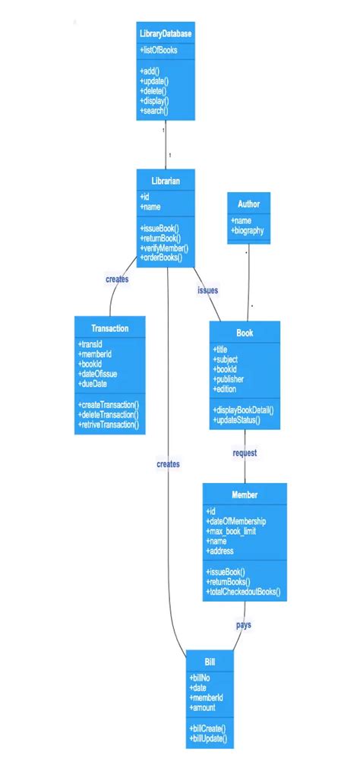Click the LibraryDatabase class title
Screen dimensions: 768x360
click(166, 34)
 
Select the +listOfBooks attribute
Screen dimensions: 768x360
click(159, 50)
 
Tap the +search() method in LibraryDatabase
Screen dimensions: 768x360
click(154, 111)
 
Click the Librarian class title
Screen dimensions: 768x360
click(166, 181)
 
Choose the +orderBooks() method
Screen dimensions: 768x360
click(161, 258)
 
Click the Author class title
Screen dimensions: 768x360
click(248, 204)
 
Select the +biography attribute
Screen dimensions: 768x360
click(248, 231)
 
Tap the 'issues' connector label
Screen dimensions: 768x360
click(208, 290)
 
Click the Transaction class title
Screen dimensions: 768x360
click(110, 328)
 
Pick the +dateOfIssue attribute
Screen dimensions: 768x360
click(98, 373)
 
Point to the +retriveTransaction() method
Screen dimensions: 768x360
click(109, 425)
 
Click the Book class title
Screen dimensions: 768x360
click(245, 333)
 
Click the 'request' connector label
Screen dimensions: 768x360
click(245, 453)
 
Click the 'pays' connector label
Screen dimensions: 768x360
click(243, 625)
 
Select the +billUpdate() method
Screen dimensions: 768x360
click(208, 738)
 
